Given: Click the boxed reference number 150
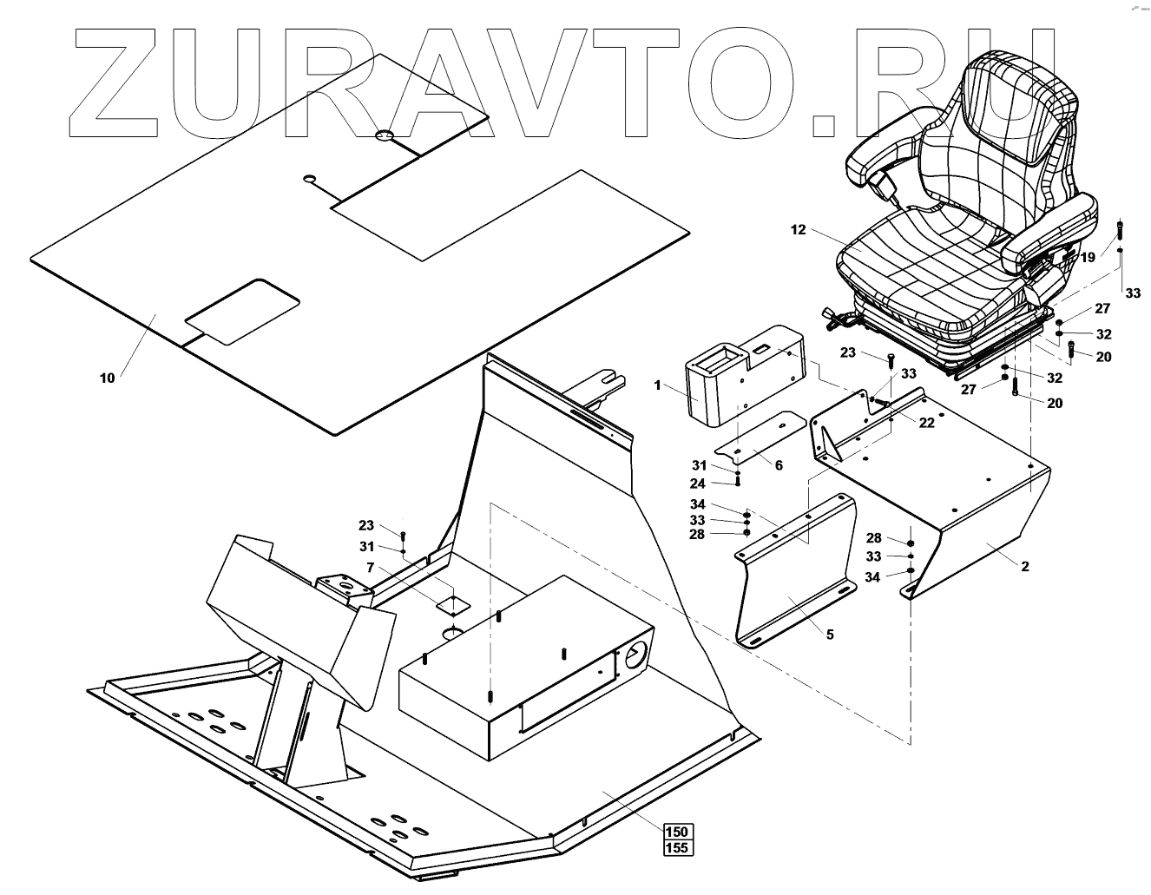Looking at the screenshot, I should point(678,831).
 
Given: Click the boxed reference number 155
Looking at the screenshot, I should point(678,847).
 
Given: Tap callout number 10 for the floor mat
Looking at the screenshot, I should point(107,378).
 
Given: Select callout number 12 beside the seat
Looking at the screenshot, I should point(799,230).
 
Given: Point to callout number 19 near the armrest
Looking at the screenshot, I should point(1088,257).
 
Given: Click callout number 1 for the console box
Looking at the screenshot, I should point(658,384).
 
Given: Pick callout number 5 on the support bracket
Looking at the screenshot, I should point(829,635).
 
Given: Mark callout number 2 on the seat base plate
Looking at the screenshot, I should point(1024,567).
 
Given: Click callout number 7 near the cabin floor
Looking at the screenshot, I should point(371,568).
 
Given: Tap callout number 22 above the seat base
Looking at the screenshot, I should point(927,422).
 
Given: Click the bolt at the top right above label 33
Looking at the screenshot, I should point(1121,231).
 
